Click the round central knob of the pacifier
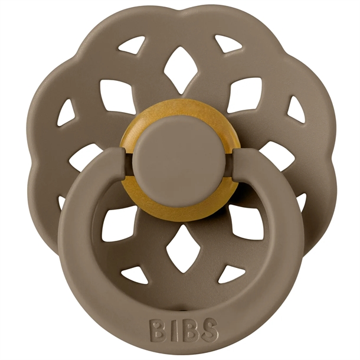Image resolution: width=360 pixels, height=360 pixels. [x=180, y=156]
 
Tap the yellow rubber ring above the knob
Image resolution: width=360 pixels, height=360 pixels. [x=180, y=113]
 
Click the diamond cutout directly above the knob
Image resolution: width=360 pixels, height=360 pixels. [x=180, y=70]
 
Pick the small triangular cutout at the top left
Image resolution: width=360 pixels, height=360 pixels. [x=132, y=44]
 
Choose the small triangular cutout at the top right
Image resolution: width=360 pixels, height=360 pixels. [x=228, y=43]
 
